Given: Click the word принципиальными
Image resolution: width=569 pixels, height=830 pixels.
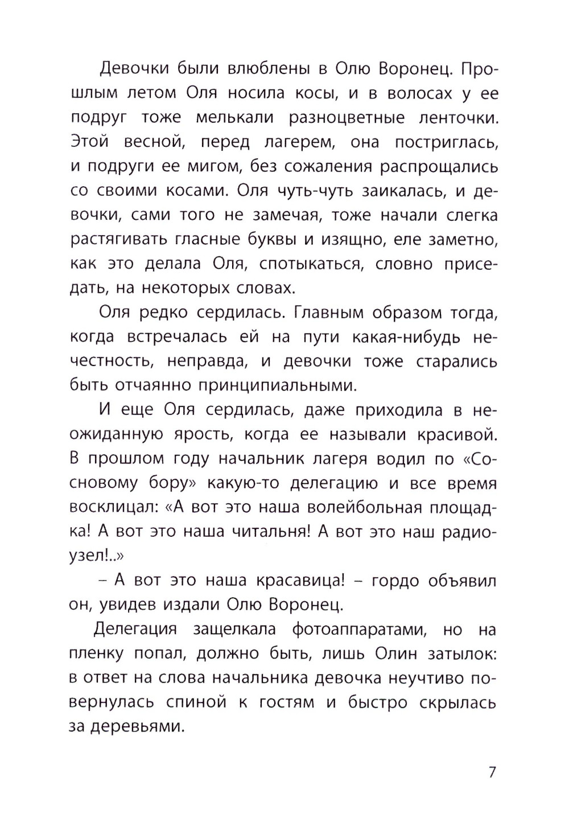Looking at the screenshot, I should click(x=277, y=385).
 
